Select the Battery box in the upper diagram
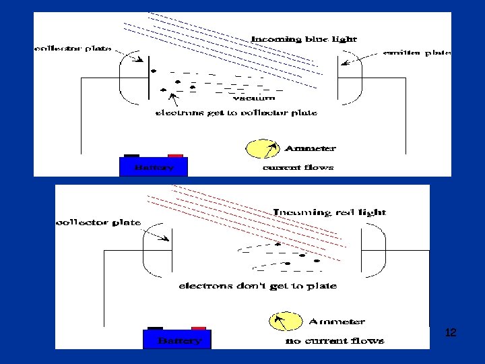[154, 166]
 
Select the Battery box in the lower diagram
[177, 340]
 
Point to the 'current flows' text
[298, 167]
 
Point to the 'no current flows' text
[335, 341]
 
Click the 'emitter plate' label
[417, 53]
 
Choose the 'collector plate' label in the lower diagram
[98, 222]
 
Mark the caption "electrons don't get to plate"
[257, 286]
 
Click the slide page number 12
[451, 333]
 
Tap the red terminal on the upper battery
[176, 155]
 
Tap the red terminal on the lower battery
[199, 328]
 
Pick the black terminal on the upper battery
[132, 155]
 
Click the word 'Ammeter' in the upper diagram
[310, 148]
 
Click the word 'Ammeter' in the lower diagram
[337, 322]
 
